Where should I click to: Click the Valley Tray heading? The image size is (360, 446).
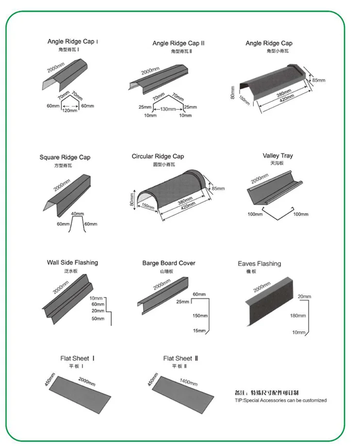pyautogui.click(x=278, y=156)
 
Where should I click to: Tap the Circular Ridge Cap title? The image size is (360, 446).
pyautogui.click(x=158, y=156)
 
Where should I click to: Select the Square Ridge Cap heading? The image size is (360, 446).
pyautogui.click(x=65, y=157)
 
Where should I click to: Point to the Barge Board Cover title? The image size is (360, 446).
pyautogui.click(x=168, y=263)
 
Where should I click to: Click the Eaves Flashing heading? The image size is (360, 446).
pyautogui.click(x=259, y=264)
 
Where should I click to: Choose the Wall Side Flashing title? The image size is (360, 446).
pyautogui.click(x=72, y=263)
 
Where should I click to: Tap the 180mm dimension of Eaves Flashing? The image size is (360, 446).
pyautogui.click(x=297, y=315)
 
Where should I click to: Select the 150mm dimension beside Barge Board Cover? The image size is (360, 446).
pyautogui.click(x=199, y=315)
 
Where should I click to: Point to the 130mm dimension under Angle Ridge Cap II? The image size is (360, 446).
pyautogui.click(x=168, y=109)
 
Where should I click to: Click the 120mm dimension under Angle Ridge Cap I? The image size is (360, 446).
pyautogui.click(x=69, y=110)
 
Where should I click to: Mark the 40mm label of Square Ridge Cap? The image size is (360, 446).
pyautogui.click(x=77, y=214)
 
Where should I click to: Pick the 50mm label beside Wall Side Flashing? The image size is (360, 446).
pyautogui.click(x=98, y=318)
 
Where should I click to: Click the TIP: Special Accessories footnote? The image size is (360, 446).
pyautogui.click(x=281, y=400)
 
